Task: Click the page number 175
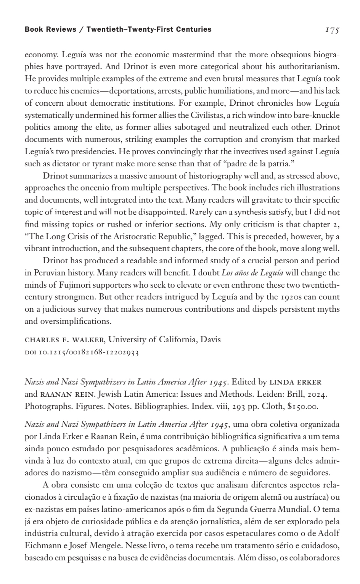click(x=332, y=30)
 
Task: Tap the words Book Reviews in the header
click(x=50, y=29)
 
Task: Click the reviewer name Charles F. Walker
click(x=65, y=339)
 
